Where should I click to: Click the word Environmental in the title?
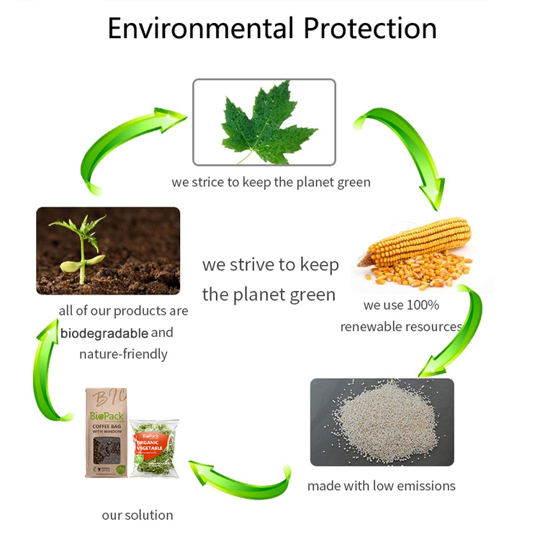tap(200, 29)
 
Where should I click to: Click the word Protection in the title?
tap(369, 29)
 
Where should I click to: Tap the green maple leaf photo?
tap(264, 120)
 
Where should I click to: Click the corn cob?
tap(416, 240)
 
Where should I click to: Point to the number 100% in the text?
tap(423, 305)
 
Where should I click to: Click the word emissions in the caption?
tap(426, 486)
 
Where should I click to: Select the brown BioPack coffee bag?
tap(106, 432)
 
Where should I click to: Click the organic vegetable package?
tap(154, 447)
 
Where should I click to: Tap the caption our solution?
tap(137, 515)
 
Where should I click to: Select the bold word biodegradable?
tap(104, 333)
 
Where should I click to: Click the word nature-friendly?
tap(123, 354)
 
